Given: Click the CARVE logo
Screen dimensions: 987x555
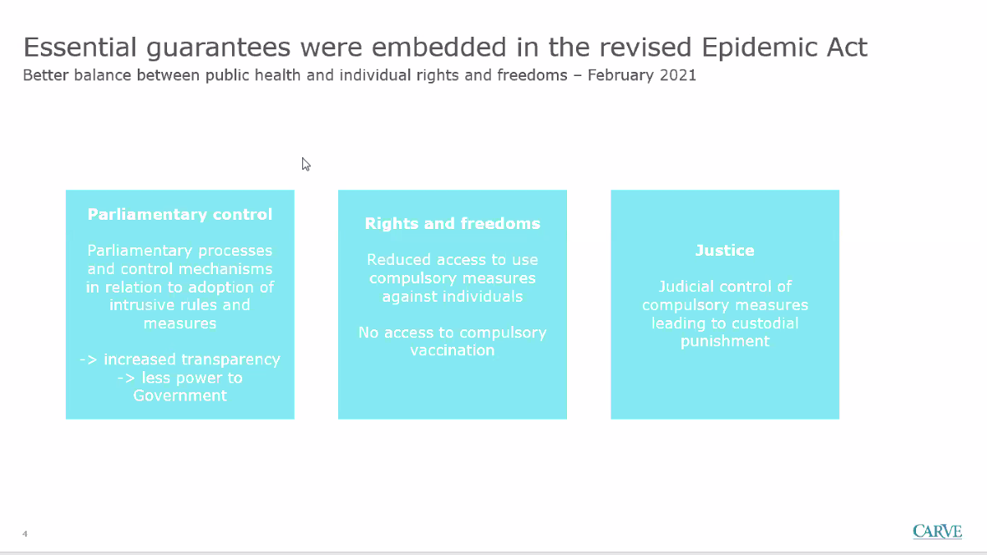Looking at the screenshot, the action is point(937,531).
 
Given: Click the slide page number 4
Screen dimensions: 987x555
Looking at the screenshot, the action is point(25,533).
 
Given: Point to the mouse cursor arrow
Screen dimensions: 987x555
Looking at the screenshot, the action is point(306,165).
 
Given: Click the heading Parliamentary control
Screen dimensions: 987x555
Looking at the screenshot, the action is point(180,214).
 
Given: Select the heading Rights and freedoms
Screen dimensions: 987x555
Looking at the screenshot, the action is point(453,223).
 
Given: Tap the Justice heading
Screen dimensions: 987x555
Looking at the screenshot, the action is point(725,250).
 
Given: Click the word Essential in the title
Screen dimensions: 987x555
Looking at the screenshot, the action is point(80,48).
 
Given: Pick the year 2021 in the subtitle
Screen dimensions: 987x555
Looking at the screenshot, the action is point(678,75).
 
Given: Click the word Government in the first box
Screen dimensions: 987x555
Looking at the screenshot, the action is point(180,395).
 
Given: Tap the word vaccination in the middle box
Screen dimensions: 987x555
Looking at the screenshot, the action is point(453,350).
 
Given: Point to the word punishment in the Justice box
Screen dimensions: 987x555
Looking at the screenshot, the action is point(725,341).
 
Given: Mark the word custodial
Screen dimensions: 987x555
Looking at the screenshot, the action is point(766,323).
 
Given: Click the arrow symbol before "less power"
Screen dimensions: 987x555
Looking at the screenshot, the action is point(127,378).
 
